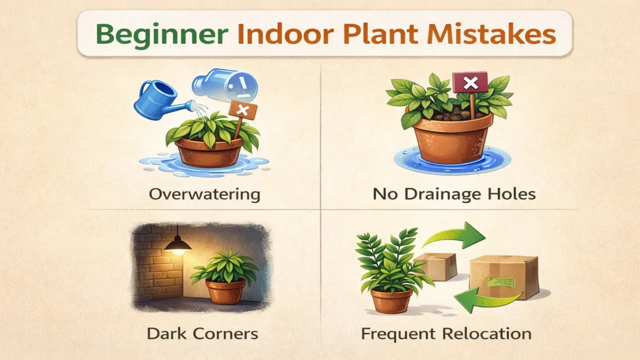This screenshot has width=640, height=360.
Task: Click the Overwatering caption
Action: tap(205, 194)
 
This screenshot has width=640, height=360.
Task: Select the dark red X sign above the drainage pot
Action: tap(470, 83)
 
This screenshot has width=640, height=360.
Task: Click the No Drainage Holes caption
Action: tap(453, 194)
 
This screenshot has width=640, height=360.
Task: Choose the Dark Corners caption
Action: tap(202, 334)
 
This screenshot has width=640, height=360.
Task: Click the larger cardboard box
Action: tap(504, 276)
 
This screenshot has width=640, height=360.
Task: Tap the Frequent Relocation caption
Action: tap(446, 334)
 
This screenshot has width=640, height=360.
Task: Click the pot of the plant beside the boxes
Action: tap(391, 300)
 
